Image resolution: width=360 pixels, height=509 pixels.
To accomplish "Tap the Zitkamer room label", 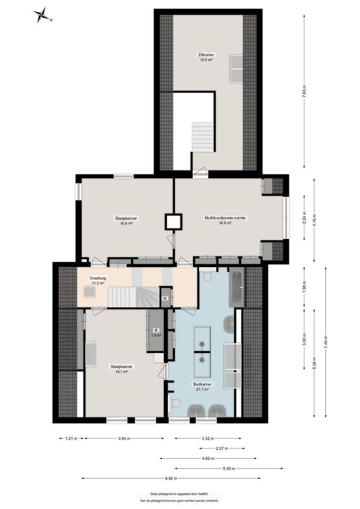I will pyautogui.click(x=206, y=55).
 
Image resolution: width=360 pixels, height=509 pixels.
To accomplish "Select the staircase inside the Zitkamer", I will pyautogui.click(x=203, y=136).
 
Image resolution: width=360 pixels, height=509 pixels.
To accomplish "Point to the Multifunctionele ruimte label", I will pyautogui.click(x=225, y=218).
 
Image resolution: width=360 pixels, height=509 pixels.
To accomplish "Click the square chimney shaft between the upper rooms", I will pyautogui.click(x=173, y=222).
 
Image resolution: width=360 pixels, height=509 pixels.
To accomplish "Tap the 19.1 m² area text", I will pyautogui.click(x=122, y=371).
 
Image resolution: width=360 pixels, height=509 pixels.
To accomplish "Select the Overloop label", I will pyautogui.click(x=98, y=278).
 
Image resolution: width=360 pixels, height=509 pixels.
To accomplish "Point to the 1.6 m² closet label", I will pyautogui.click(x=156, y=335).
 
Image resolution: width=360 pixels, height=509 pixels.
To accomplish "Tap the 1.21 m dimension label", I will pyautogui.click(x=68, y=438).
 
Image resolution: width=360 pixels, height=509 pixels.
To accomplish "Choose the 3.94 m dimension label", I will pyautogui.click(x=124, y=438).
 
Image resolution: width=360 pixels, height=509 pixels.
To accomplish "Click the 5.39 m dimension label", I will pyautogui.click(x=229, y=468).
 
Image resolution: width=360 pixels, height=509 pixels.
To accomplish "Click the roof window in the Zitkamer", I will pyautogui.click(x=236, y=68).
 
